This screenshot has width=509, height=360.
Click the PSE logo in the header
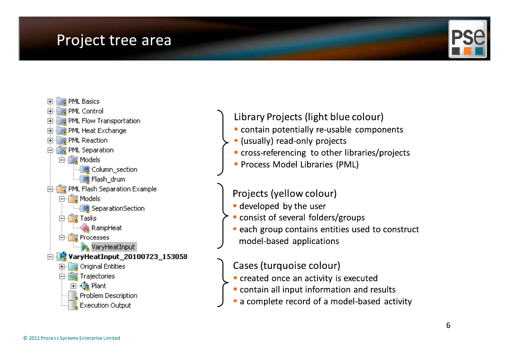click(x=468, y=39)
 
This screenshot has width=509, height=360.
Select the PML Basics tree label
click(x=84, y=101)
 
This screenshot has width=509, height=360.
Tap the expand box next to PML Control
click(x=50, y=111)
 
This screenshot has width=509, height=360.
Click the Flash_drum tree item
click(x=108, y=179)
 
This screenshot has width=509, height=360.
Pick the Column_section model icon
click(x=85, y=170)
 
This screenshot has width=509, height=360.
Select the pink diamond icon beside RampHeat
click(x=85, y=228)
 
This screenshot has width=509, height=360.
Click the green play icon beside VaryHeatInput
click(x=85, y=247)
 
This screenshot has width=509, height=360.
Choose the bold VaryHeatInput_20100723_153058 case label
click(x=128, y=257)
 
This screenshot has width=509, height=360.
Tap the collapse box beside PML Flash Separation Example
click(x=50, y=189)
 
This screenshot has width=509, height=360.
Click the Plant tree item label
click(x=99, y=286)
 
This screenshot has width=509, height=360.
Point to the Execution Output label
click(x=105, y=305)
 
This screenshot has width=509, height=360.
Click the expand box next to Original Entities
click(x=62, y=266)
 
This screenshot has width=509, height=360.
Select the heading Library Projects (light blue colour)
click(x=309, y=117)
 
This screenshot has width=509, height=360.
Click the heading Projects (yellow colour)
click(x=285, y=193)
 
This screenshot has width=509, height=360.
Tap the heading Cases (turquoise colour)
click(x=286, y=266)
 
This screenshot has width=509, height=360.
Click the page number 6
click(x=448, y=325)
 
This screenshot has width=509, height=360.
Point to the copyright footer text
click(x=72, y=338)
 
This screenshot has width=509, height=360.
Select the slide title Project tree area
click(x=114, y=40)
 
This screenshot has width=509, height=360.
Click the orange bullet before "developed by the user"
click(x=235, y=206)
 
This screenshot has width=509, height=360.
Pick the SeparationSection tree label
click(x=118, y=208)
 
